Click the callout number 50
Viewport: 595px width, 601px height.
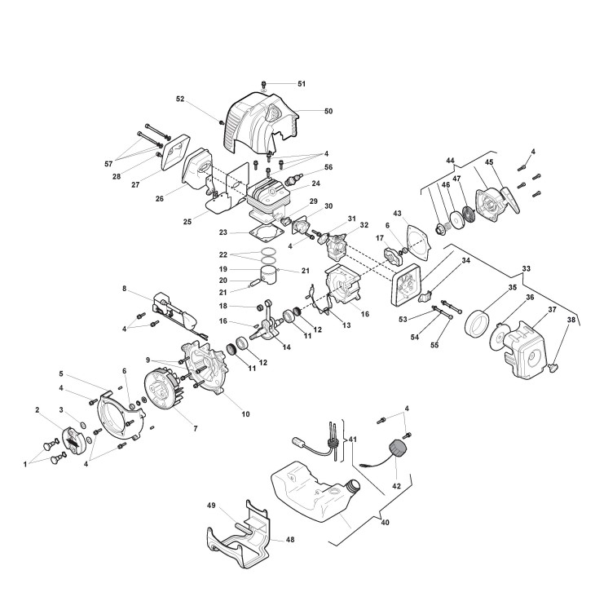(306, 111)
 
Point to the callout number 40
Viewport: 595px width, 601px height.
(386, 524)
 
